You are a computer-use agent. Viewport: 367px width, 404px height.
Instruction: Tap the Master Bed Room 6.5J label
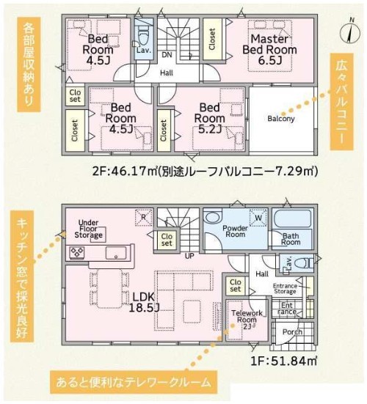tap(270, 49)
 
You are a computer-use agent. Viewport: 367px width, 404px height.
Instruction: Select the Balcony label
tap(281, 119)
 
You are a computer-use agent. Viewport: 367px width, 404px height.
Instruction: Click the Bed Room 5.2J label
tap(209, 118)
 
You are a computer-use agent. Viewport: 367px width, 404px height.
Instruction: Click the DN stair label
tap(167, 54)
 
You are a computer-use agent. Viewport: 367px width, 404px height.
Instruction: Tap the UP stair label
tap(189, 256)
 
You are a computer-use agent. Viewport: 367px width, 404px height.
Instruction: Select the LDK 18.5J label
tap(144, 303)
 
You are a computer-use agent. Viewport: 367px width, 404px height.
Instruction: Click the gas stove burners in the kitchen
tap(77, 251)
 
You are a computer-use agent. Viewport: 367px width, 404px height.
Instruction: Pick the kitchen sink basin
tap(116, 253)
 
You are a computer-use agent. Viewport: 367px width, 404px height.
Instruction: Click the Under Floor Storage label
tap(88, 229)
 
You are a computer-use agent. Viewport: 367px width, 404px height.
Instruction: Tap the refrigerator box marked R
tap(144, 217)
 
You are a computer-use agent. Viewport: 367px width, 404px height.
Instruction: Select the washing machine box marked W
tap(258, 218)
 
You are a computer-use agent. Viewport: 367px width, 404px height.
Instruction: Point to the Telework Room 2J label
tap(247, 320)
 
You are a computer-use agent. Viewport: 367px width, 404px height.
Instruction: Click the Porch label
tap(292, 332)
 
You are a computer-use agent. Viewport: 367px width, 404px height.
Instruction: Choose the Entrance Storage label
tap(285, 289)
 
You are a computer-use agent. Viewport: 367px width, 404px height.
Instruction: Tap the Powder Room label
tap(235, 231)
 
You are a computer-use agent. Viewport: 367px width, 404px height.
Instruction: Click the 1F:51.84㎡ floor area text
tap(284, 361)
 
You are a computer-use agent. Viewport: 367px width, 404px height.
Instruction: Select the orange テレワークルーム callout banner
tap(134, 382)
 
